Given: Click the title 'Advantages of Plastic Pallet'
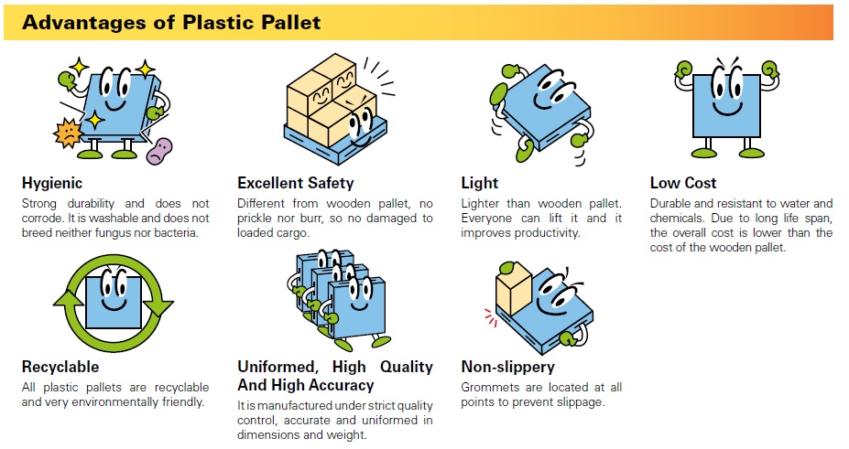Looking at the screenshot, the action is click(171, 23).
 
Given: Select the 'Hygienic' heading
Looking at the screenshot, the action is click(52, 183).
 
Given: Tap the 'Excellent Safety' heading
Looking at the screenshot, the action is click(295, 183).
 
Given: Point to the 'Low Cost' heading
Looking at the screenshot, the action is click(683, 183).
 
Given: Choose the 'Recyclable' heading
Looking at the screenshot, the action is click(60, 367).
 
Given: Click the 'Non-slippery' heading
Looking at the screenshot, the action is click(508, 367).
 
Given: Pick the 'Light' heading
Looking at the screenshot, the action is click(480, 183).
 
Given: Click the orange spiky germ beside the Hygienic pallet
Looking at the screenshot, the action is click(68, 133).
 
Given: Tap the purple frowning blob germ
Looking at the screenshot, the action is click(159, 151).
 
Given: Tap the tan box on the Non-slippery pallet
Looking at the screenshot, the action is click(513, 289).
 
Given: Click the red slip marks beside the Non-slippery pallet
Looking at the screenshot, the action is click(491, 317).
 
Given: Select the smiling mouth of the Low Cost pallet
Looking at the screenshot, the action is click(726, 109).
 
